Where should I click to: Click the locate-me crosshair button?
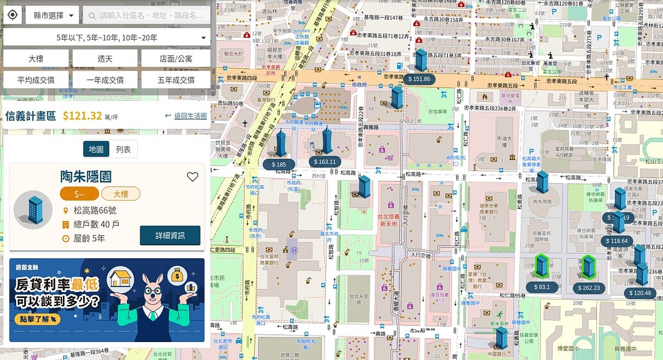[x=13, y=15]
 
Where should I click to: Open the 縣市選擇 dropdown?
[x=52, y=15]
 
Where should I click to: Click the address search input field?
[x=147, y=15]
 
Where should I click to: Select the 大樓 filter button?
[x=36, y=58]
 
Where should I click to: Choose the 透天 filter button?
[x=105, y=58]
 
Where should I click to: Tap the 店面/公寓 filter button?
[x=176, y=58]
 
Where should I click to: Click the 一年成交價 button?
[x=105, y=80]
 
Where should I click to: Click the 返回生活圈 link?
[x=186, y=116]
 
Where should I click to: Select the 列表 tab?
[x=123, y=149]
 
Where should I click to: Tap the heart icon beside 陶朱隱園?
[x=192, y=177]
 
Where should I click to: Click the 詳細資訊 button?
[x=170, y=235]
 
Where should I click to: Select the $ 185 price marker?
[x=279, y=165]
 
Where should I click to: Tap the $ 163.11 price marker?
[x=325, y=161]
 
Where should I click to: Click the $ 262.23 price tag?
[x=589, y=288]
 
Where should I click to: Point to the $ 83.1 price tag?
[x=541, y=287]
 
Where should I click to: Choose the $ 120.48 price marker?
[x=640, y=293]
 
